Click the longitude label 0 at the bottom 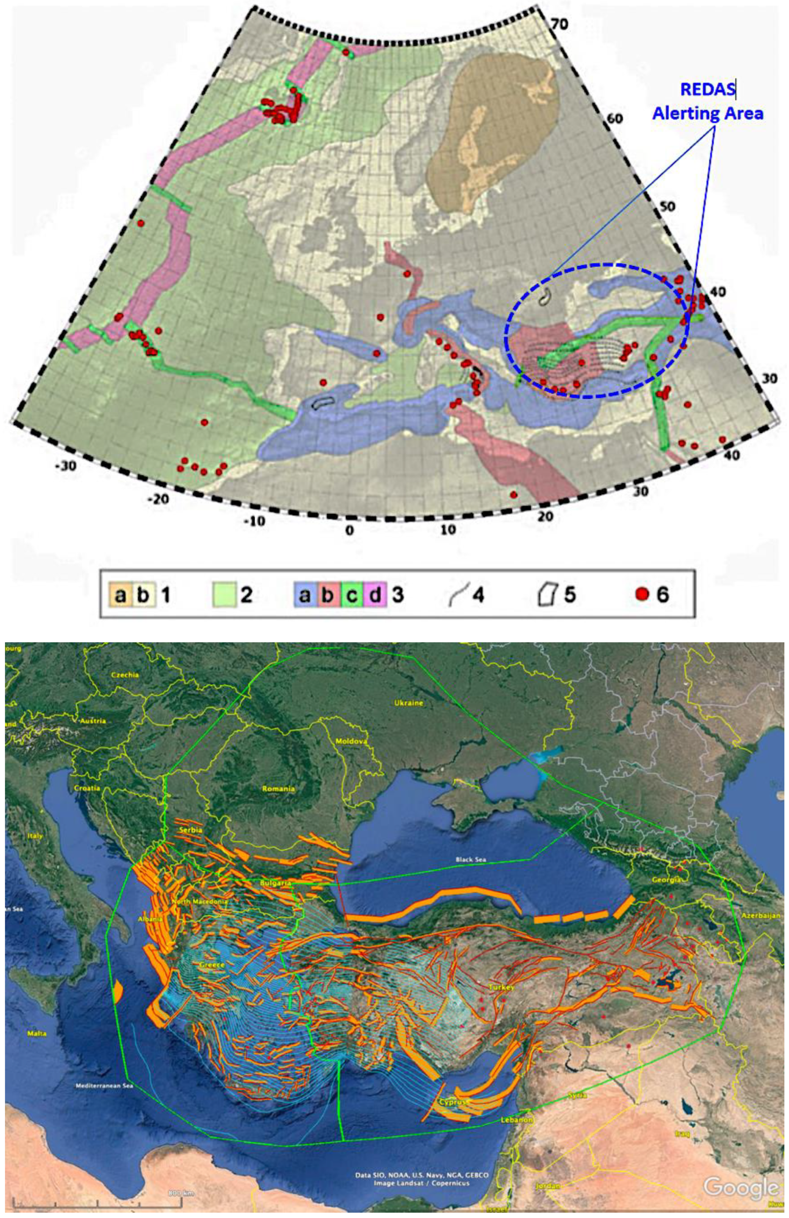349,531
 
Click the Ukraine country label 408,703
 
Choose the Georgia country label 667,879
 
